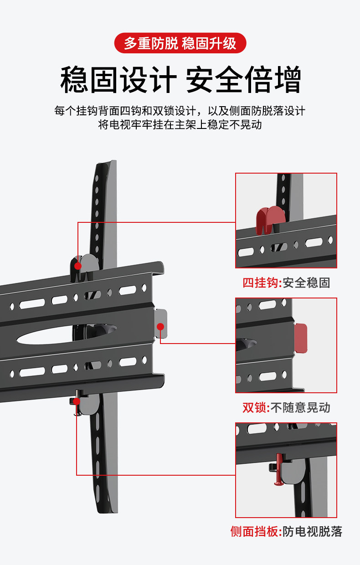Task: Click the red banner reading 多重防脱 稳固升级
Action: tap(180, 44)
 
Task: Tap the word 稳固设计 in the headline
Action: tap(118, 80)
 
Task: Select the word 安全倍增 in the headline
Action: tap(243, 80)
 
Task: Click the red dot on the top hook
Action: tap(78, 266)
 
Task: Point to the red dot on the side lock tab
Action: tap(160, 326)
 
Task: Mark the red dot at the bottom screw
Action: tap(77, 401)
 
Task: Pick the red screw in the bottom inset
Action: tap(278, 469)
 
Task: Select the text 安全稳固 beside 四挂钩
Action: tap(306, 282)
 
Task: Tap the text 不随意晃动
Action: tap(300, 407)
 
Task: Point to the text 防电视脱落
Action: tap(312, 531)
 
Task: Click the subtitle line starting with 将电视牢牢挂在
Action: tap(180, 124)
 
